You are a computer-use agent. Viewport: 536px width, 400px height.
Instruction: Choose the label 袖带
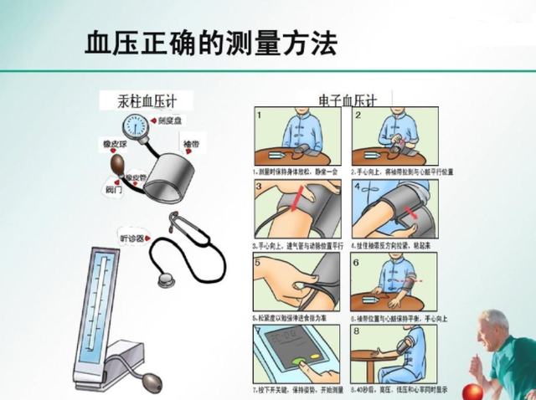[190, 145]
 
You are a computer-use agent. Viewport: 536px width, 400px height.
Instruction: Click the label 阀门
[113, 190]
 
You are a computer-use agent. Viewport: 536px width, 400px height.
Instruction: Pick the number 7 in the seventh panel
[260, 331]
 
